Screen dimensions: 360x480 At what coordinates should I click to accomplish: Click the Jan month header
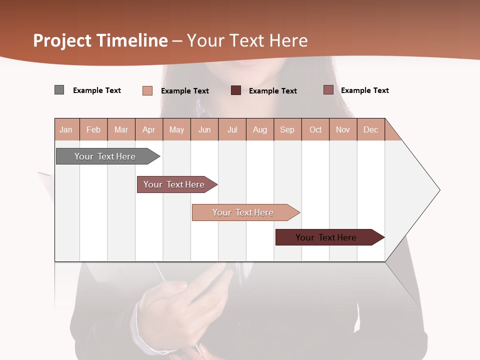point(66,129)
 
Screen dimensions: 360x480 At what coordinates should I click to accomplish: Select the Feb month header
point(93,129)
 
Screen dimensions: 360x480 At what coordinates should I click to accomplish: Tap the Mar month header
point(121,129)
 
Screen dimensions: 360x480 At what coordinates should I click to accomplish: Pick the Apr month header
point(149,129)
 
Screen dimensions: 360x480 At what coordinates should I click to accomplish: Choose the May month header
point(176,129)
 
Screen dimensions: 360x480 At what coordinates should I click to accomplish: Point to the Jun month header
point(204,129)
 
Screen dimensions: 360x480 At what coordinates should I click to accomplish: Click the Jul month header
point(232,129)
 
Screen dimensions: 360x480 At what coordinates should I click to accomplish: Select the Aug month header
point(260,129)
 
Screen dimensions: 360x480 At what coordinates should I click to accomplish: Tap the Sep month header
point(287,129)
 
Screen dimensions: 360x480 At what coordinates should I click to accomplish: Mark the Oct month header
point(315,129)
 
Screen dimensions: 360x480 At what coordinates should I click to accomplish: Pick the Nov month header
point(343,129)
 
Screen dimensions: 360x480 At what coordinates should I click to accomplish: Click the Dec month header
point(371,129)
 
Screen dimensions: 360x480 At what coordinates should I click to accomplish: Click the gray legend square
point(59,90)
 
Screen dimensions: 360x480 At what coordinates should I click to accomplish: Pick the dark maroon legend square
point(236,90)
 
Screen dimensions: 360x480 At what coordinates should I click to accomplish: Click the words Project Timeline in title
point(100,40)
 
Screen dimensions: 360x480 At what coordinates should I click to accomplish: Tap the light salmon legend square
point(147,90)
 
